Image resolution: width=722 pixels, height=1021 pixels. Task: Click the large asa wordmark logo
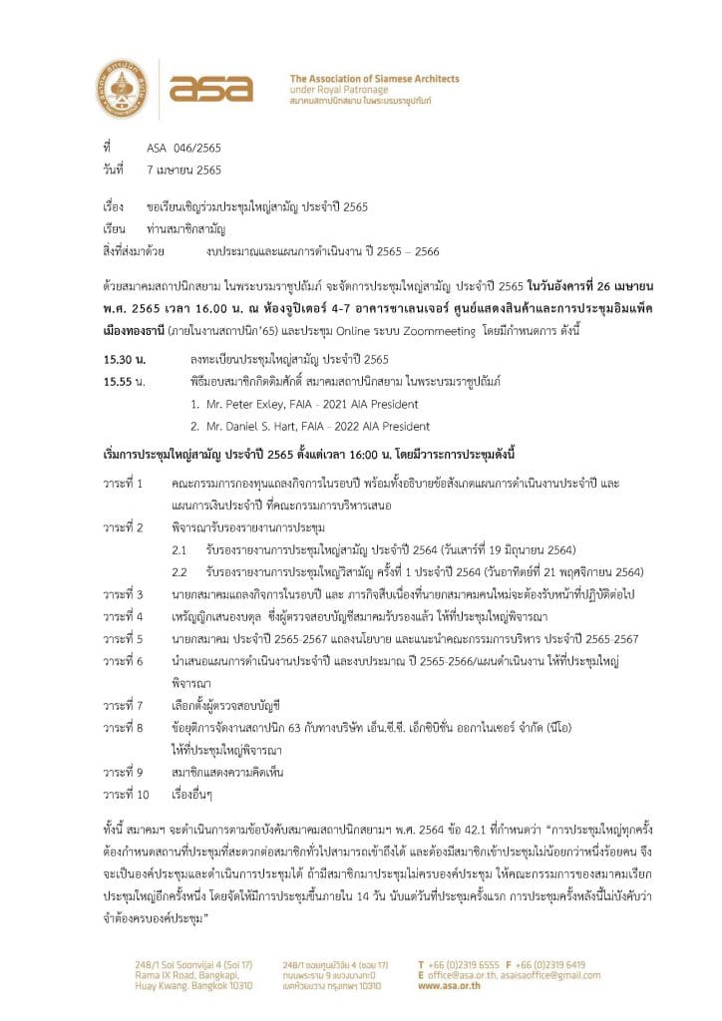pyautogui.click(x=210, y=89)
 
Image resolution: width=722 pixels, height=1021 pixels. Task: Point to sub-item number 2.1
pyautogui.click(x=180, y=549)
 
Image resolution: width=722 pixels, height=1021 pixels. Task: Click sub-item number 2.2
pyautogui.click(x=180, y=571)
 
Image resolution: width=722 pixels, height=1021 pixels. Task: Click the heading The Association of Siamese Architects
pyautogui.click(x=374, y=78)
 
